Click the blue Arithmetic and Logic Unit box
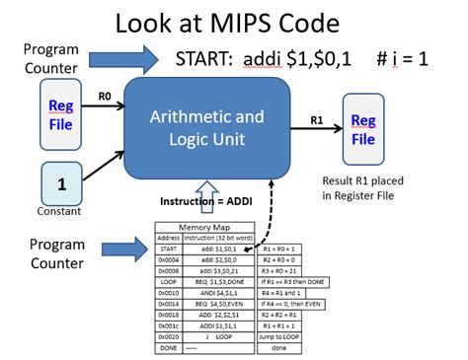pos(206,129)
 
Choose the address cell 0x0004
pos(170,259)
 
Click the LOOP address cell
pos(170,283)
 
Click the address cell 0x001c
pos(170,324)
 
